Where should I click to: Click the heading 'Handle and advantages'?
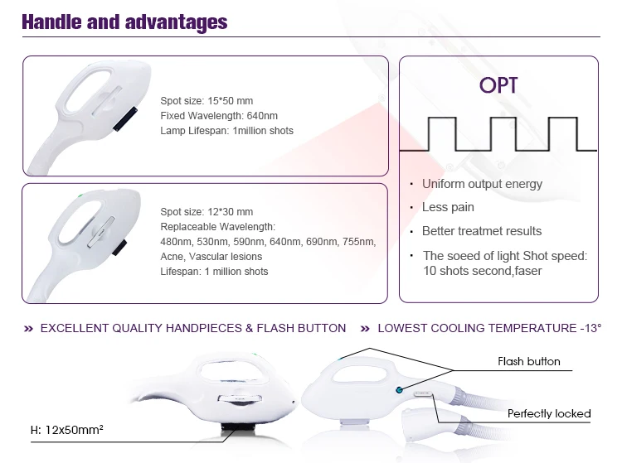(124, 22)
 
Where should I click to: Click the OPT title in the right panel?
(498, 85)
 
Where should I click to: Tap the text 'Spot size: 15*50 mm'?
(207, 100)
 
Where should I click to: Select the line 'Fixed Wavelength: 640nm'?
(219, 116)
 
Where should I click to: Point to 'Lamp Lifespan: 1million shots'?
(227, 131)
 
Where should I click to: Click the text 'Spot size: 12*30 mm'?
(207, 211)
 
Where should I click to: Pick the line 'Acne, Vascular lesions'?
(211, 256)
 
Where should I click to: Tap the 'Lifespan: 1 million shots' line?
(214, 272)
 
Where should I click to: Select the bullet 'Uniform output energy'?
(482, 184)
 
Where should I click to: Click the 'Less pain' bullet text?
(448, 207)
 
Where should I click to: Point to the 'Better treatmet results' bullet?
(482, 231)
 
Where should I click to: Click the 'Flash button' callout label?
(529, 361)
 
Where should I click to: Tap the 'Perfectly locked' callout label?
(549, 413)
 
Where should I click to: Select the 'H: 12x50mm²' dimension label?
(67, 430)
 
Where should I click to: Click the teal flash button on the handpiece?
(399, 390)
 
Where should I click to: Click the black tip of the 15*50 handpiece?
(125, 118)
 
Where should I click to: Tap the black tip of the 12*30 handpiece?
(119, 247)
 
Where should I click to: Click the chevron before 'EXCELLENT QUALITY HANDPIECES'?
(28, 328)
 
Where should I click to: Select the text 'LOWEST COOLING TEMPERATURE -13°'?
(489, 328)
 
